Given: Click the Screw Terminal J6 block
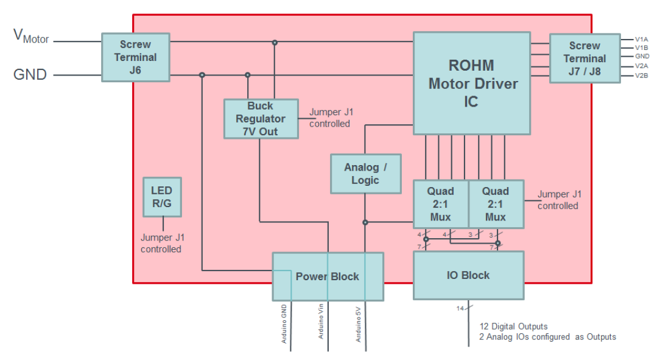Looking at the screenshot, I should (135, 57).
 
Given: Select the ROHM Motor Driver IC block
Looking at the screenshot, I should (471, 83).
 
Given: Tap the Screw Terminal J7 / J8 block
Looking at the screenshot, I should (584, 58).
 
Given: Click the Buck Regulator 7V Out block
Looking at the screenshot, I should (261, 119).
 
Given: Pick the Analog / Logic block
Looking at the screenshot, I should (365, 174).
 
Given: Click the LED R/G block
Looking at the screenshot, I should (162, 197).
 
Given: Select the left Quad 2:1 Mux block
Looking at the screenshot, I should (440, 204).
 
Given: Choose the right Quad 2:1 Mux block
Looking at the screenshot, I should (496, 204).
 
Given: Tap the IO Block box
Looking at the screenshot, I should (468, 275).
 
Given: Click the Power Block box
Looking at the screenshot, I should (328, 277).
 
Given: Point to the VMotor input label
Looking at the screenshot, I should (31, 37).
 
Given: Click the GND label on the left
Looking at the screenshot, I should (30, 75).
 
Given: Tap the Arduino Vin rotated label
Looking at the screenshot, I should (321, 323).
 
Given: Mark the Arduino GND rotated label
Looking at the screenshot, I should (284, 323).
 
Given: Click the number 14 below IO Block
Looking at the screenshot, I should (460, 309).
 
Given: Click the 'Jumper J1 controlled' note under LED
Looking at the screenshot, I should (161, 244).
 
